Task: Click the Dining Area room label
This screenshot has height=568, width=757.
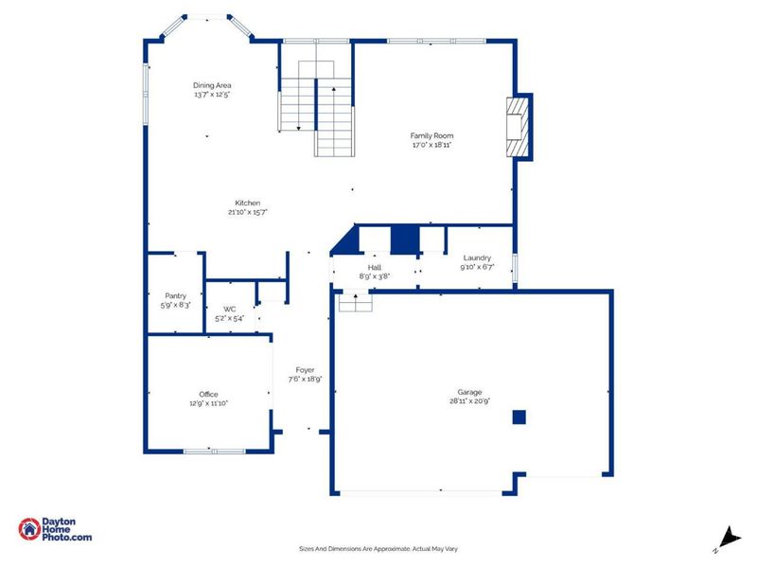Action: (212, 85)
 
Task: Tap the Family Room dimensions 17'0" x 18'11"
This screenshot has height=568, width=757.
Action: (431, 146)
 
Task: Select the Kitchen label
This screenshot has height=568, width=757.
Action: (248, 203)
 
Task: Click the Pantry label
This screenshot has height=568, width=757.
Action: (174, 294)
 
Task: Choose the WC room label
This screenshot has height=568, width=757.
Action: (229, 309)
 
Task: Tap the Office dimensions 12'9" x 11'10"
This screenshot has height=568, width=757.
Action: (208, 403)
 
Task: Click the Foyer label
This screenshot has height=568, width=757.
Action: (305, 369)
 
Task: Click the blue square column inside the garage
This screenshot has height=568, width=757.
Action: (519, 417)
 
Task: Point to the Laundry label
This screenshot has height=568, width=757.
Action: (476, 257)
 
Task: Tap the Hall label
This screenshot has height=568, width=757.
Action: (374, 267)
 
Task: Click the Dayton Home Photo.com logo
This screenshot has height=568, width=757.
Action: (55, 529)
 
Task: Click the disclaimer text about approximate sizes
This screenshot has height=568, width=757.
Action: (378, 549)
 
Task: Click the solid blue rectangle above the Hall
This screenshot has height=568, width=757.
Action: (404, 240)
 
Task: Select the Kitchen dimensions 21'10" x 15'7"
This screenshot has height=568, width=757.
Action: (248, 213)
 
